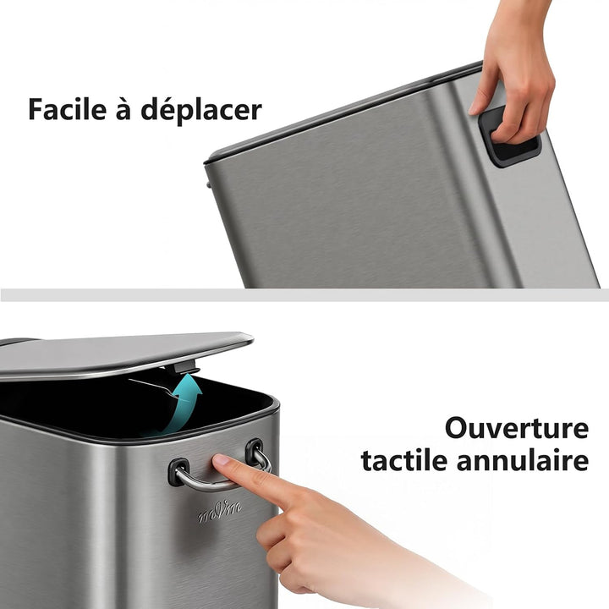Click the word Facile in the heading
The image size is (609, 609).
tap(67, 109)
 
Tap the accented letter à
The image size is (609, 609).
tap(123, 108)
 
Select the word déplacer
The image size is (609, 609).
tap(201, 110)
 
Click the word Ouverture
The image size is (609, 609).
tap(517, 428)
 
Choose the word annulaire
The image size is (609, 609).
tap(523, 460)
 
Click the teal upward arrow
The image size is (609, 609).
tap(182, 404)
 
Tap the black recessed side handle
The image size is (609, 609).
tap(509, 137)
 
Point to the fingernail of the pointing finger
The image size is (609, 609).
tap(221, 460)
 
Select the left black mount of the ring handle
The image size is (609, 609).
tap(178, 471)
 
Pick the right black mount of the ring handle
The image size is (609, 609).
tap(255, 452)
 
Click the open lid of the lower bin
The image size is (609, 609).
tap(120, 354)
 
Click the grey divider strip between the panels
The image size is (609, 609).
tap(304, 295)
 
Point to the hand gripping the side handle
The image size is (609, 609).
tap(513, 70)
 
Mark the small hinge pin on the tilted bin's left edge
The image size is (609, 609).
tap(209, 184)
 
